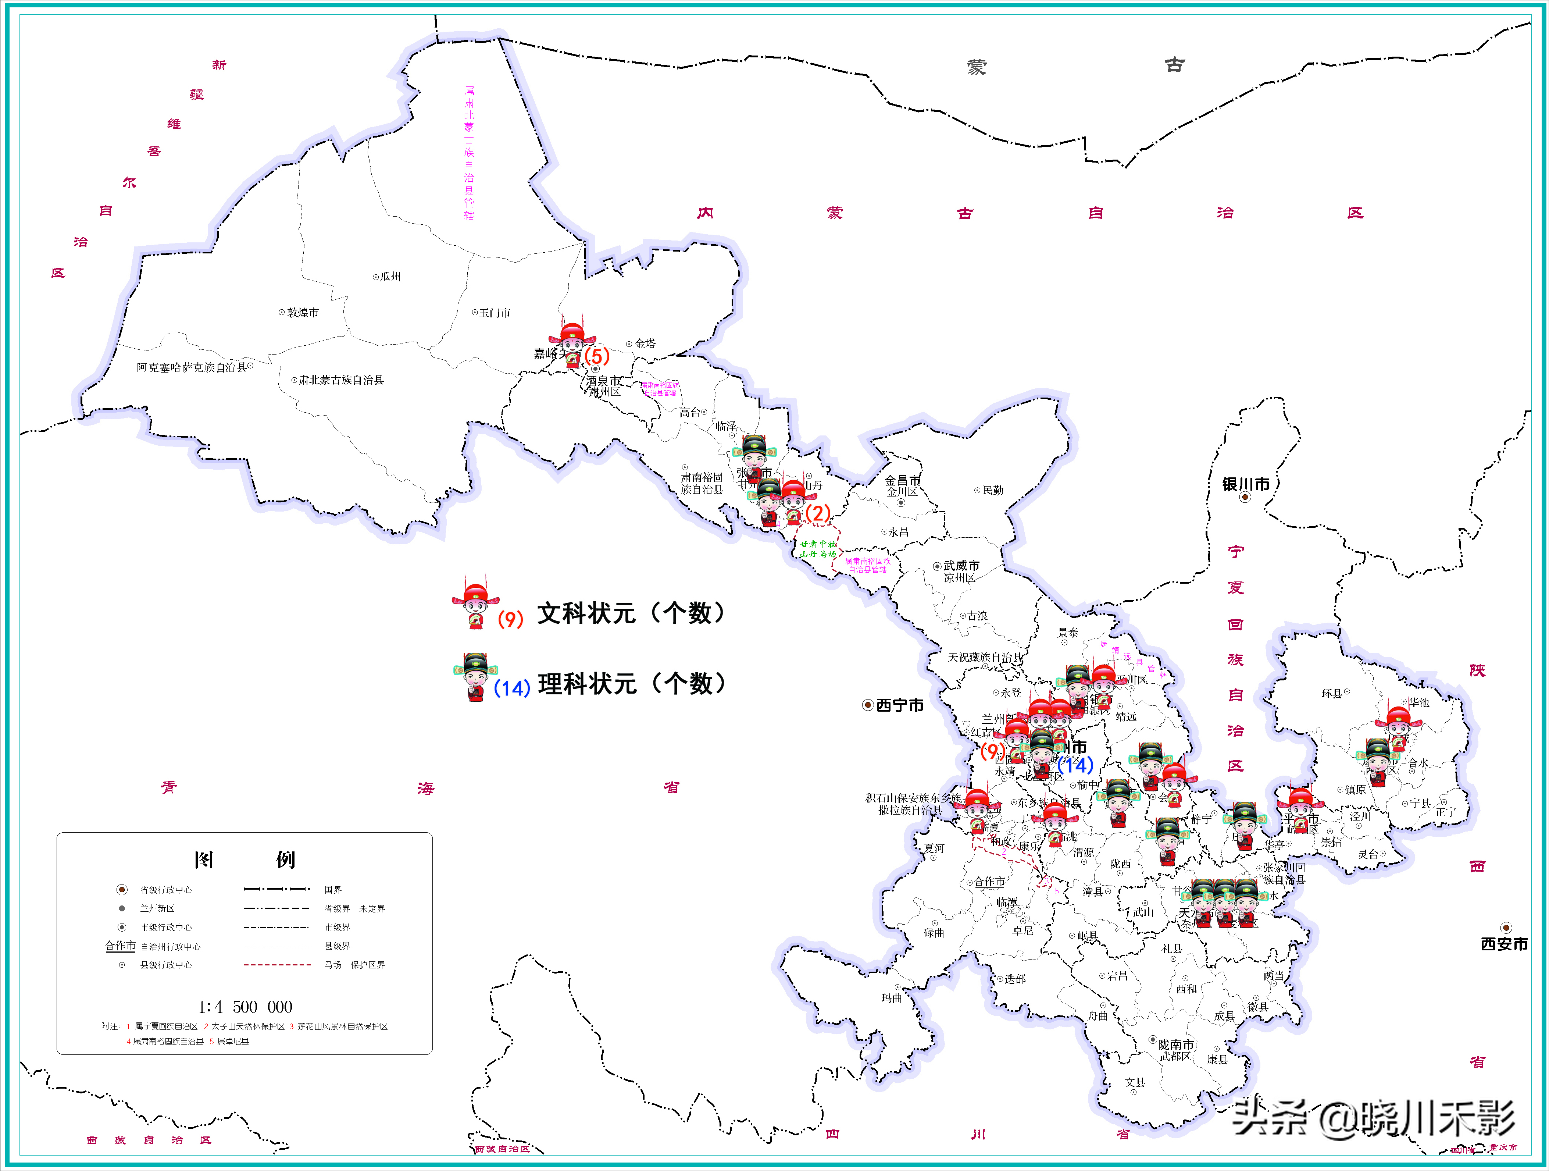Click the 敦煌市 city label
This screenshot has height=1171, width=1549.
coord(303,312)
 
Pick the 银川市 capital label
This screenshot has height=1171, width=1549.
coord(1246,484)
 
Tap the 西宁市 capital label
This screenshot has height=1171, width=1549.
coord(900,705)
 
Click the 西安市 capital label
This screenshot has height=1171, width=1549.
coord(1504,944)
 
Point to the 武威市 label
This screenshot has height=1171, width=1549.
coord(961,565)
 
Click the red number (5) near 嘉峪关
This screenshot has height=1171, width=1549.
coord(597,356)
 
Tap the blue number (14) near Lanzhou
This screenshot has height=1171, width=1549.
coord(1075,765)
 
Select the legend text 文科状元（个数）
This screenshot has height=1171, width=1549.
coord(630,613)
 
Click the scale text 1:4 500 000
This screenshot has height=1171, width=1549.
coord(245,1007)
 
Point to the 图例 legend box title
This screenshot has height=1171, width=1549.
coord(245,859)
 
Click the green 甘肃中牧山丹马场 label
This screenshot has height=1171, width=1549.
coord(818,549)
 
